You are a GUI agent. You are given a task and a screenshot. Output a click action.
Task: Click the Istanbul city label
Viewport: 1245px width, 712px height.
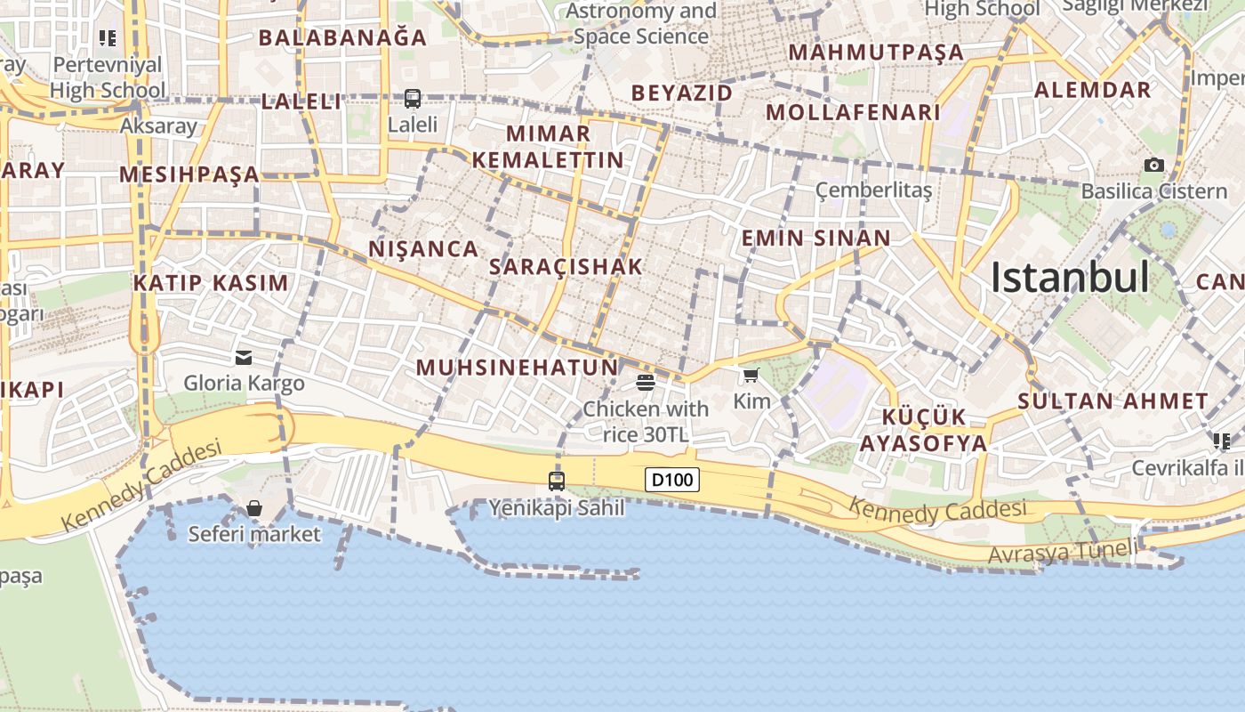tap(1070, 278)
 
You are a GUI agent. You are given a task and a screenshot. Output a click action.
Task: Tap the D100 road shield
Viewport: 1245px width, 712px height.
tap(671, 481)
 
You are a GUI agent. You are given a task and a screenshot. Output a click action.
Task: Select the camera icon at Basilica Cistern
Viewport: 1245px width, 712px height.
tap(1154, 165)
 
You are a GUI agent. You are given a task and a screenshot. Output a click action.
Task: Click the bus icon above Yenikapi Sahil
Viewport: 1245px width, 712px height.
tap(557, 481)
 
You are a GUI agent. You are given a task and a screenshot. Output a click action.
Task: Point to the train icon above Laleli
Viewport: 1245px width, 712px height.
tap(413, 99)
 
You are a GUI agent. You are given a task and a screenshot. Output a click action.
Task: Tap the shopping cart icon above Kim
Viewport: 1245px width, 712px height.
tap(751, 376)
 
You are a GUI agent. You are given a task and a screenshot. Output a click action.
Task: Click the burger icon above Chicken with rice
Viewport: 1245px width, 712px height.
tap(646, 383)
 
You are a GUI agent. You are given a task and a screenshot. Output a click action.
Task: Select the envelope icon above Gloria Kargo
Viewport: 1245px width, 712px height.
tap(244, 358)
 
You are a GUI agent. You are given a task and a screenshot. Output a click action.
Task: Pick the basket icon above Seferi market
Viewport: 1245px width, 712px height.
tap(254, 508)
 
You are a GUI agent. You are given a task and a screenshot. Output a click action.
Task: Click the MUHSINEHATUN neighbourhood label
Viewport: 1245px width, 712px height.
tap(517, 368)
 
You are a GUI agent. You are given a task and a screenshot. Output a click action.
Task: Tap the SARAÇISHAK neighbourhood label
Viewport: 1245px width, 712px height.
tap(566, 267)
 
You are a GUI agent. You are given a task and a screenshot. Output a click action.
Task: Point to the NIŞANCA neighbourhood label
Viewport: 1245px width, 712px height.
tap(423, 249)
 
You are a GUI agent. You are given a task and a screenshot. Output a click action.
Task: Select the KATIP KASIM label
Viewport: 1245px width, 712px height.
tap(211, 284)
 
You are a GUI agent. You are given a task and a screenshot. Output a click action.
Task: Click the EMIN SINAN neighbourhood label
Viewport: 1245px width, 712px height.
tap(815, 239)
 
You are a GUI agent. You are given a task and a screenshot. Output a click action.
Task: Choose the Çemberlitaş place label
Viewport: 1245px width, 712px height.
tap(873, 190)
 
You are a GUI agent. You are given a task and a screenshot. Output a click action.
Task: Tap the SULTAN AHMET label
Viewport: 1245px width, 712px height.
tap(1112, 401)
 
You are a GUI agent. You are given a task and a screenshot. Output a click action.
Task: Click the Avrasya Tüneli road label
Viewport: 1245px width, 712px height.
tap(1062, 552)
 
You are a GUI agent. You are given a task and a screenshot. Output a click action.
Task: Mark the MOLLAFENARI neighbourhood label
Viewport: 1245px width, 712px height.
tap(853, 113)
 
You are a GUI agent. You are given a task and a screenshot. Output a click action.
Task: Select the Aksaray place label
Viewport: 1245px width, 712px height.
tap(158, 126)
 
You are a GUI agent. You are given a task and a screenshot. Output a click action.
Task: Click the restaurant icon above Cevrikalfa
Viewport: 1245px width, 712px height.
tap(1221, 441)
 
